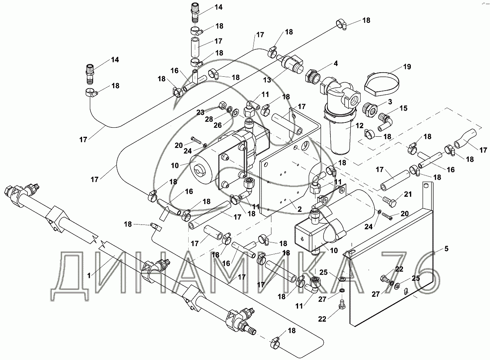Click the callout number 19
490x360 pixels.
[x=407, y=67]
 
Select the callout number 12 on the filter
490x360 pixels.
[x=359, y=126]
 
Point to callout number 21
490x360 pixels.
[x=408, y=194]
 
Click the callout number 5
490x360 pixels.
[x=446, y=249]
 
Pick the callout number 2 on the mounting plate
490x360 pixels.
[x=299, y=209]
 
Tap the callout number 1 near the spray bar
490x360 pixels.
[x=89, y=276]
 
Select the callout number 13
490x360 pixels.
[x=267, y=80]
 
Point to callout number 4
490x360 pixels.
[x=336, y=64]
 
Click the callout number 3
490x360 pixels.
[x=390, y=102]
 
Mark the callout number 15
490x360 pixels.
[x=403, y=108]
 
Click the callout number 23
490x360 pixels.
[x=200, y=112]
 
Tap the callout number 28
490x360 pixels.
[x=209, y=119]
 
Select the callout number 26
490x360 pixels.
[x=218, y=125]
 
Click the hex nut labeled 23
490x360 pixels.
[x=222, y=105]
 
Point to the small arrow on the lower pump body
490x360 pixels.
[x=303, y=239]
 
